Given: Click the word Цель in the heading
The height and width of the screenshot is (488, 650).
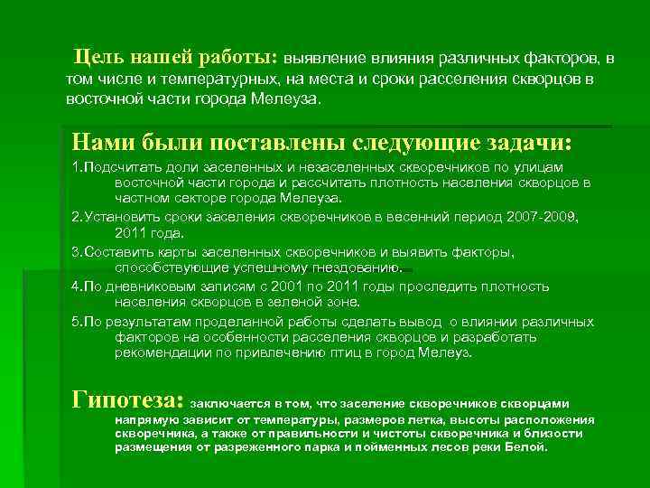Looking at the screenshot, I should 101,58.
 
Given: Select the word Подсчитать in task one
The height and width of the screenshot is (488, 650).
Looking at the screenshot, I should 119,167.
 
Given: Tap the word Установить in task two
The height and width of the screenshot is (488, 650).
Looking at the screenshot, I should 121,217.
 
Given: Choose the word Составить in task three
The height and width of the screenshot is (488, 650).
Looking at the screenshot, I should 117,252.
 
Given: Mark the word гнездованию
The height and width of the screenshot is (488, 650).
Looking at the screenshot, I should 357,267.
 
